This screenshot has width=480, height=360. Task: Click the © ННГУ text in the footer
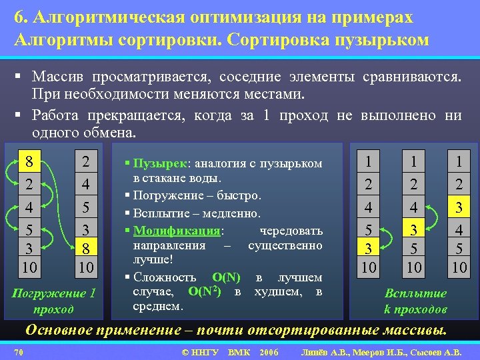199,351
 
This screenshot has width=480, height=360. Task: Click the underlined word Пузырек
161,163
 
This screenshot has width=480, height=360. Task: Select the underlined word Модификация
177,231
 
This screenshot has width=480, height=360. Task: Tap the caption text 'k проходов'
415,309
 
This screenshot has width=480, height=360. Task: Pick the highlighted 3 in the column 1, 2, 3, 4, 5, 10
458,207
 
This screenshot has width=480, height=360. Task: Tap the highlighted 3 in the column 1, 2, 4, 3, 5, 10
415,230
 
